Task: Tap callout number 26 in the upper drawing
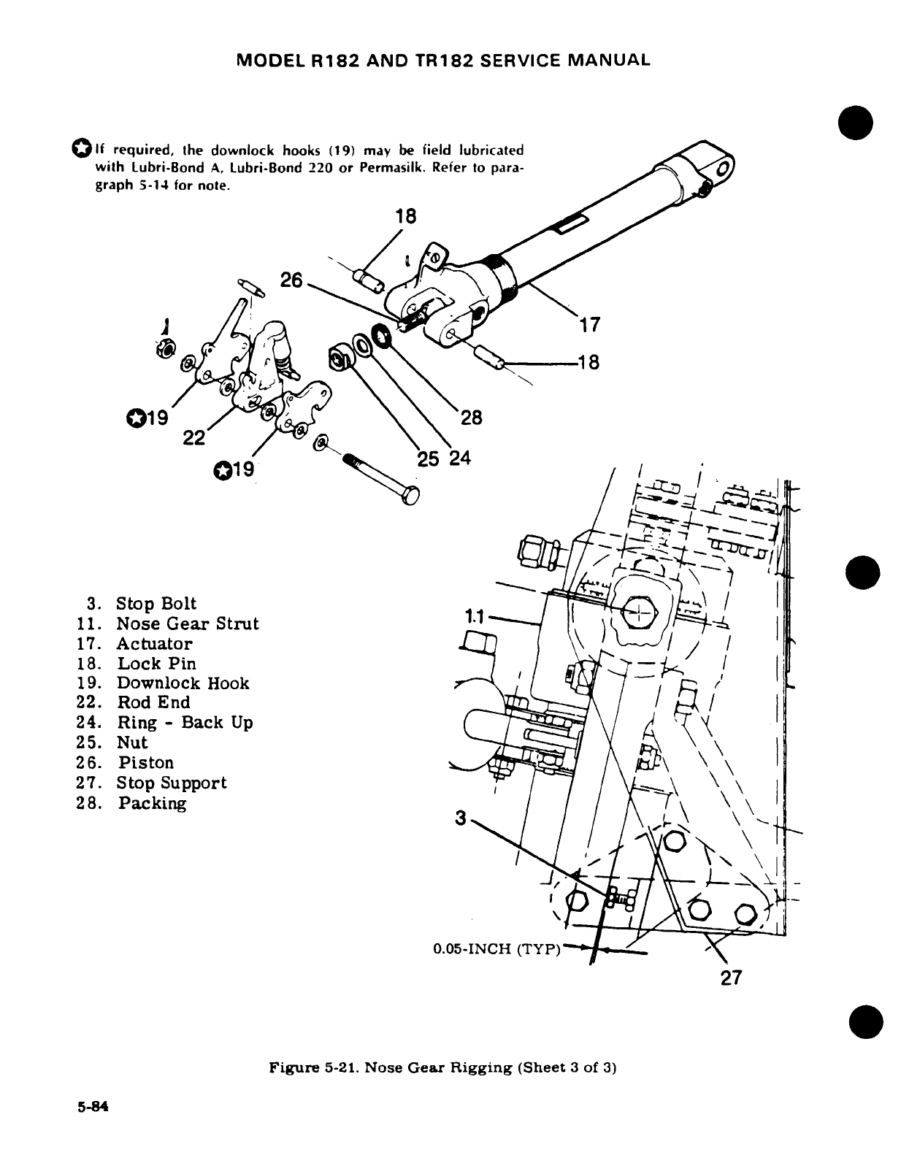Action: pyautogui.click(x=291, y=280)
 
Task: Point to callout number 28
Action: pyautogui.click(x=471, y=418)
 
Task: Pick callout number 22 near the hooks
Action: pyautogui.click(x=193, y=437)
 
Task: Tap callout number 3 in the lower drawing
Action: pyautogui.click(x=460, y=818)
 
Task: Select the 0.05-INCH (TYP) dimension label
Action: pyautogui.click(x=496, y=950)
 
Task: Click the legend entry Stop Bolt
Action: pyautogui.click(x=156, y=604)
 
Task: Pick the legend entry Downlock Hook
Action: pyautogui.click(x=183, y=683)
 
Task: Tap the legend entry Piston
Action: pyautogui.click(x=146, y=763)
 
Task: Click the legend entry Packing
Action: pyautogui.click(x=153, y=803)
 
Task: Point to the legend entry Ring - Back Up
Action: pyautogui.click(x=185, y=723)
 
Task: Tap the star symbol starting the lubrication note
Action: pyautogui.click(x=80, y=150)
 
